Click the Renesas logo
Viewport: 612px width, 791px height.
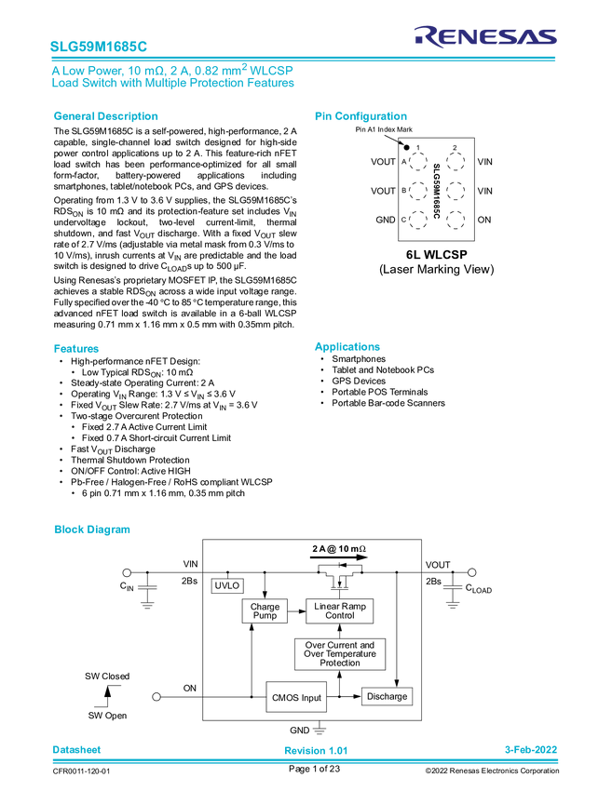click(x=485, y=36)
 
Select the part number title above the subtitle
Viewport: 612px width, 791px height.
click(x=98, y=45)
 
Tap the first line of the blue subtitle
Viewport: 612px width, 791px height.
click(x=172, y=70)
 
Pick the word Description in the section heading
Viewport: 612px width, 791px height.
click(x=129, y=117)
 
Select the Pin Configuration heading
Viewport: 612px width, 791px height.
click(x=361, y=117)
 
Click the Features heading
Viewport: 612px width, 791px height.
click(x=76, y=349)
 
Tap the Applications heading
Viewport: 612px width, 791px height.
click(x=347, y=347)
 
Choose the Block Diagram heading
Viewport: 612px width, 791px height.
click(x=91, y=530)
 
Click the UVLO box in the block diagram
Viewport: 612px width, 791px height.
click(x=228, y=586)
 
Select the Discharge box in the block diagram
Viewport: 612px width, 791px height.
click(x=387, y=696)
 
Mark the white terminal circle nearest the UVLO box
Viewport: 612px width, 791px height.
click(x=127, y=572)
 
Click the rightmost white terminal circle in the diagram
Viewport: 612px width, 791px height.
click(x=472, y=572)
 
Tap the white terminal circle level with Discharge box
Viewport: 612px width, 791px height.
click(x=156, y=696)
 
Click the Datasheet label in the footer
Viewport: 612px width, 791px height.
click(x=76, y=749)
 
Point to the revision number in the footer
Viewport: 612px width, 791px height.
click(x=316, y=750)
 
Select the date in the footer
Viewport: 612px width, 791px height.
click(x=530, y=749)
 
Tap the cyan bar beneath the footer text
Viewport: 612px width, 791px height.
click(x=306, y=760)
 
